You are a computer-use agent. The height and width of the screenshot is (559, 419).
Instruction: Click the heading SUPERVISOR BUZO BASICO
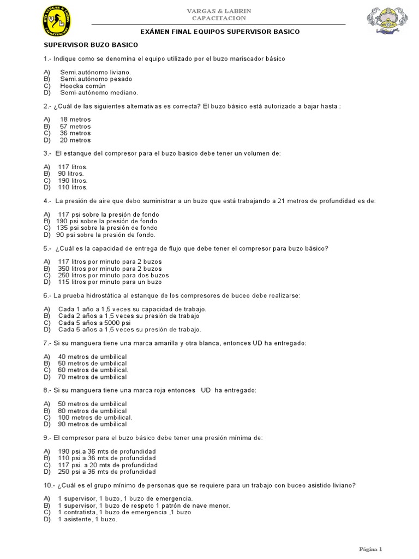[x=91, y=45]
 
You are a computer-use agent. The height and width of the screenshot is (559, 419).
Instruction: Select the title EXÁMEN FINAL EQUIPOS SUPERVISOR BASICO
[x=220, y=32]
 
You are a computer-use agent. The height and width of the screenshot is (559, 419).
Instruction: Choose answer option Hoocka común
[x=83, y=86]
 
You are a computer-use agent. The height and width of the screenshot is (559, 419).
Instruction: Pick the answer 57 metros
[x=75, y=127]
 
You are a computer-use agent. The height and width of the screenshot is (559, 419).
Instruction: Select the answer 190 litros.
[x=73, y=181]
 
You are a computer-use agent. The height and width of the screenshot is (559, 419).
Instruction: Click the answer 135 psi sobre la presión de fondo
[x=107, y=228]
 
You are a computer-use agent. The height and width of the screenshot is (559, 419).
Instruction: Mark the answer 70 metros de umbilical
[x=92, y=377]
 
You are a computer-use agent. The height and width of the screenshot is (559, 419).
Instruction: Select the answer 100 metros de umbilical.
[x=95, y=418]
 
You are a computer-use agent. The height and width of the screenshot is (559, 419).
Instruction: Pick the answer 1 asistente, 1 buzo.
[x=87, y=519]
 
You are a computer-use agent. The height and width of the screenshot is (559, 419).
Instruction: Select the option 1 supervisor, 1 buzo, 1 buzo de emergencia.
[x=125, y=498]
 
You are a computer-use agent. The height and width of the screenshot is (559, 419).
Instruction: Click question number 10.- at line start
[x=50, y=485]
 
